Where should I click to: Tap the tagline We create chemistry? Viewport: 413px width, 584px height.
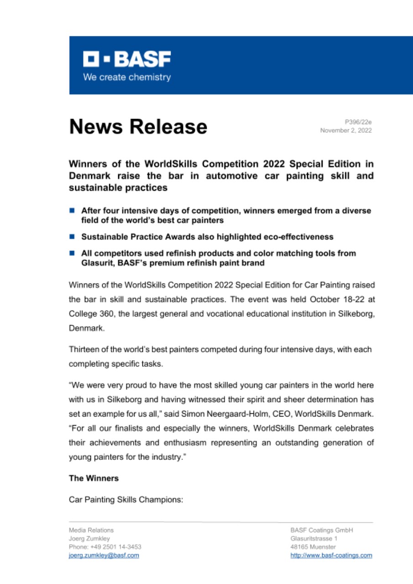coord(126,77)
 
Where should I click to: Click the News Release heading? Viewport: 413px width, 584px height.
coord(138,126)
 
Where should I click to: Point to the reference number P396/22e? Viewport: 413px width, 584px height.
coord(358,122)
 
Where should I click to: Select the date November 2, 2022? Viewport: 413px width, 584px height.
coord(346,130)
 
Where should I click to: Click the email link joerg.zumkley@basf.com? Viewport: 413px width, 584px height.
coord(104,555)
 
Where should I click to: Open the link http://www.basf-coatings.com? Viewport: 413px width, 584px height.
coord(331,555)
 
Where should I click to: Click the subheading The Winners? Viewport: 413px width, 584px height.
coord(94,479)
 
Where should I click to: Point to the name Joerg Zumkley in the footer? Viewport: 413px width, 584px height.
coord(86,538)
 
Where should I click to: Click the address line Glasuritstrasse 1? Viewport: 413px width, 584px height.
coord(311,538)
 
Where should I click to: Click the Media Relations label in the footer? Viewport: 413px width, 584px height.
coord(91,530)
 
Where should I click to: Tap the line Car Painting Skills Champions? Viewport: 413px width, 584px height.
coord(125,500)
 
